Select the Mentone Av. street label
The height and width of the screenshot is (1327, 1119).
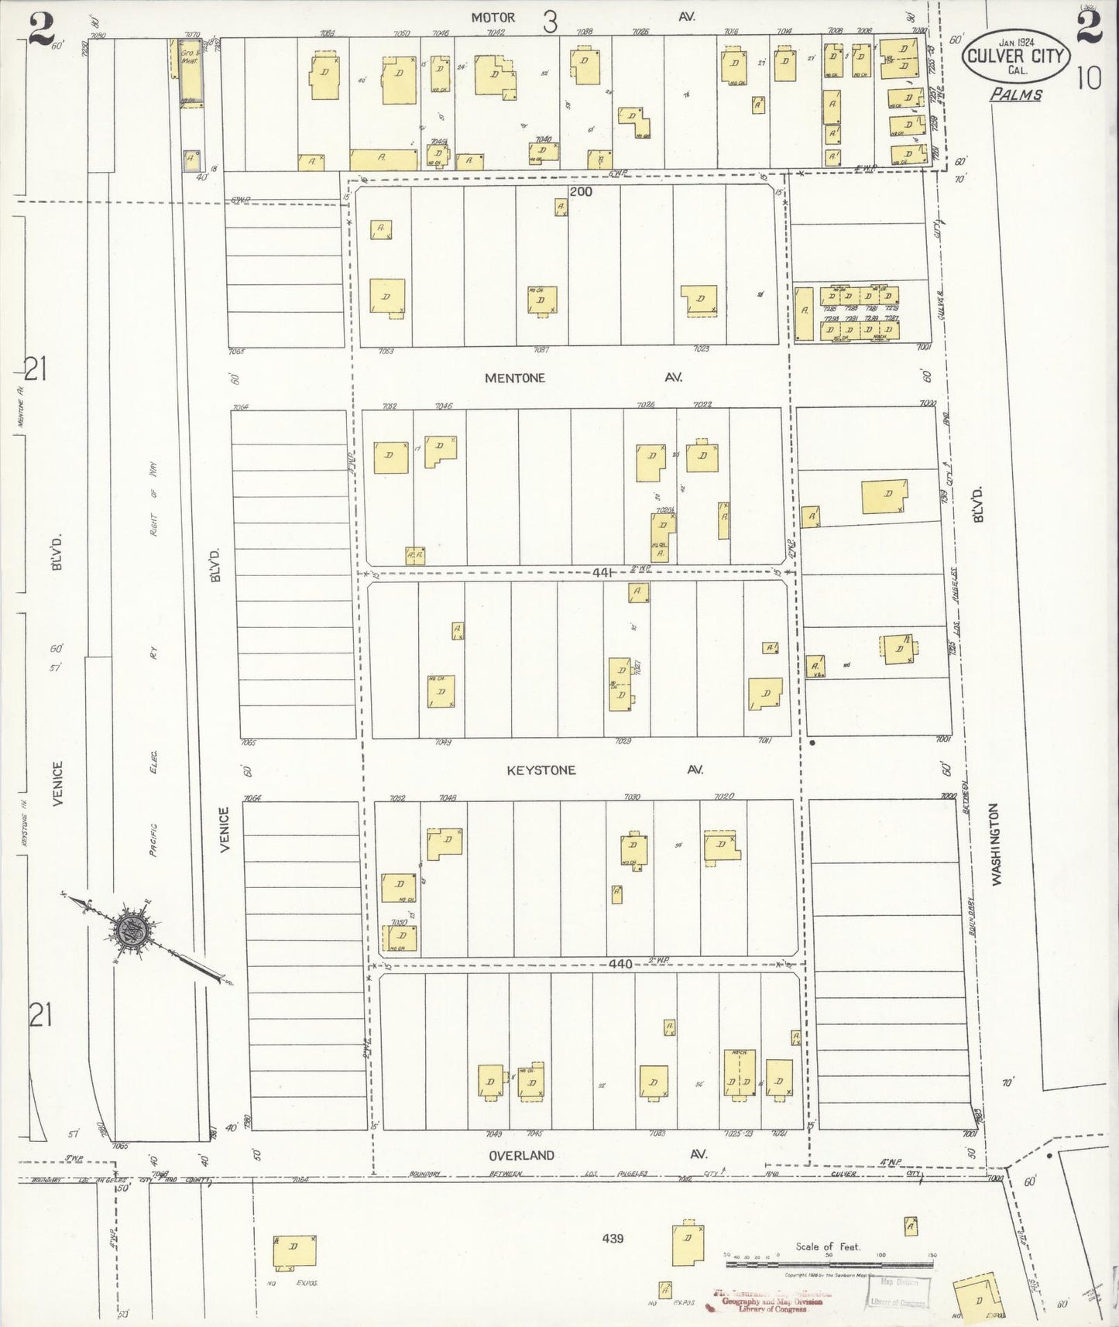[x=515, y=378]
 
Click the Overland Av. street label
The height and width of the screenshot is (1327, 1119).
[x=521, y=1155]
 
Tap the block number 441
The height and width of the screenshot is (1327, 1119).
[x=602, y=573]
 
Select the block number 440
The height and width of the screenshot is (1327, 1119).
[x=620, y=965]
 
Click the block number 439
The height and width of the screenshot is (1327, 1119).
[x=611, y=1239]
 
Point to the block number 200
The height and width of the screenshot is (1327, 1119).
[x=580, y=191]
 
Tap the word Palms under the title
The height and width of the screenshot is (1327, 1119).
[x=1015, y=94]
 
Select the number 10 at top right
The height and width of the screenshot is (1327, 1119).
[x=1087, y=79]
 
